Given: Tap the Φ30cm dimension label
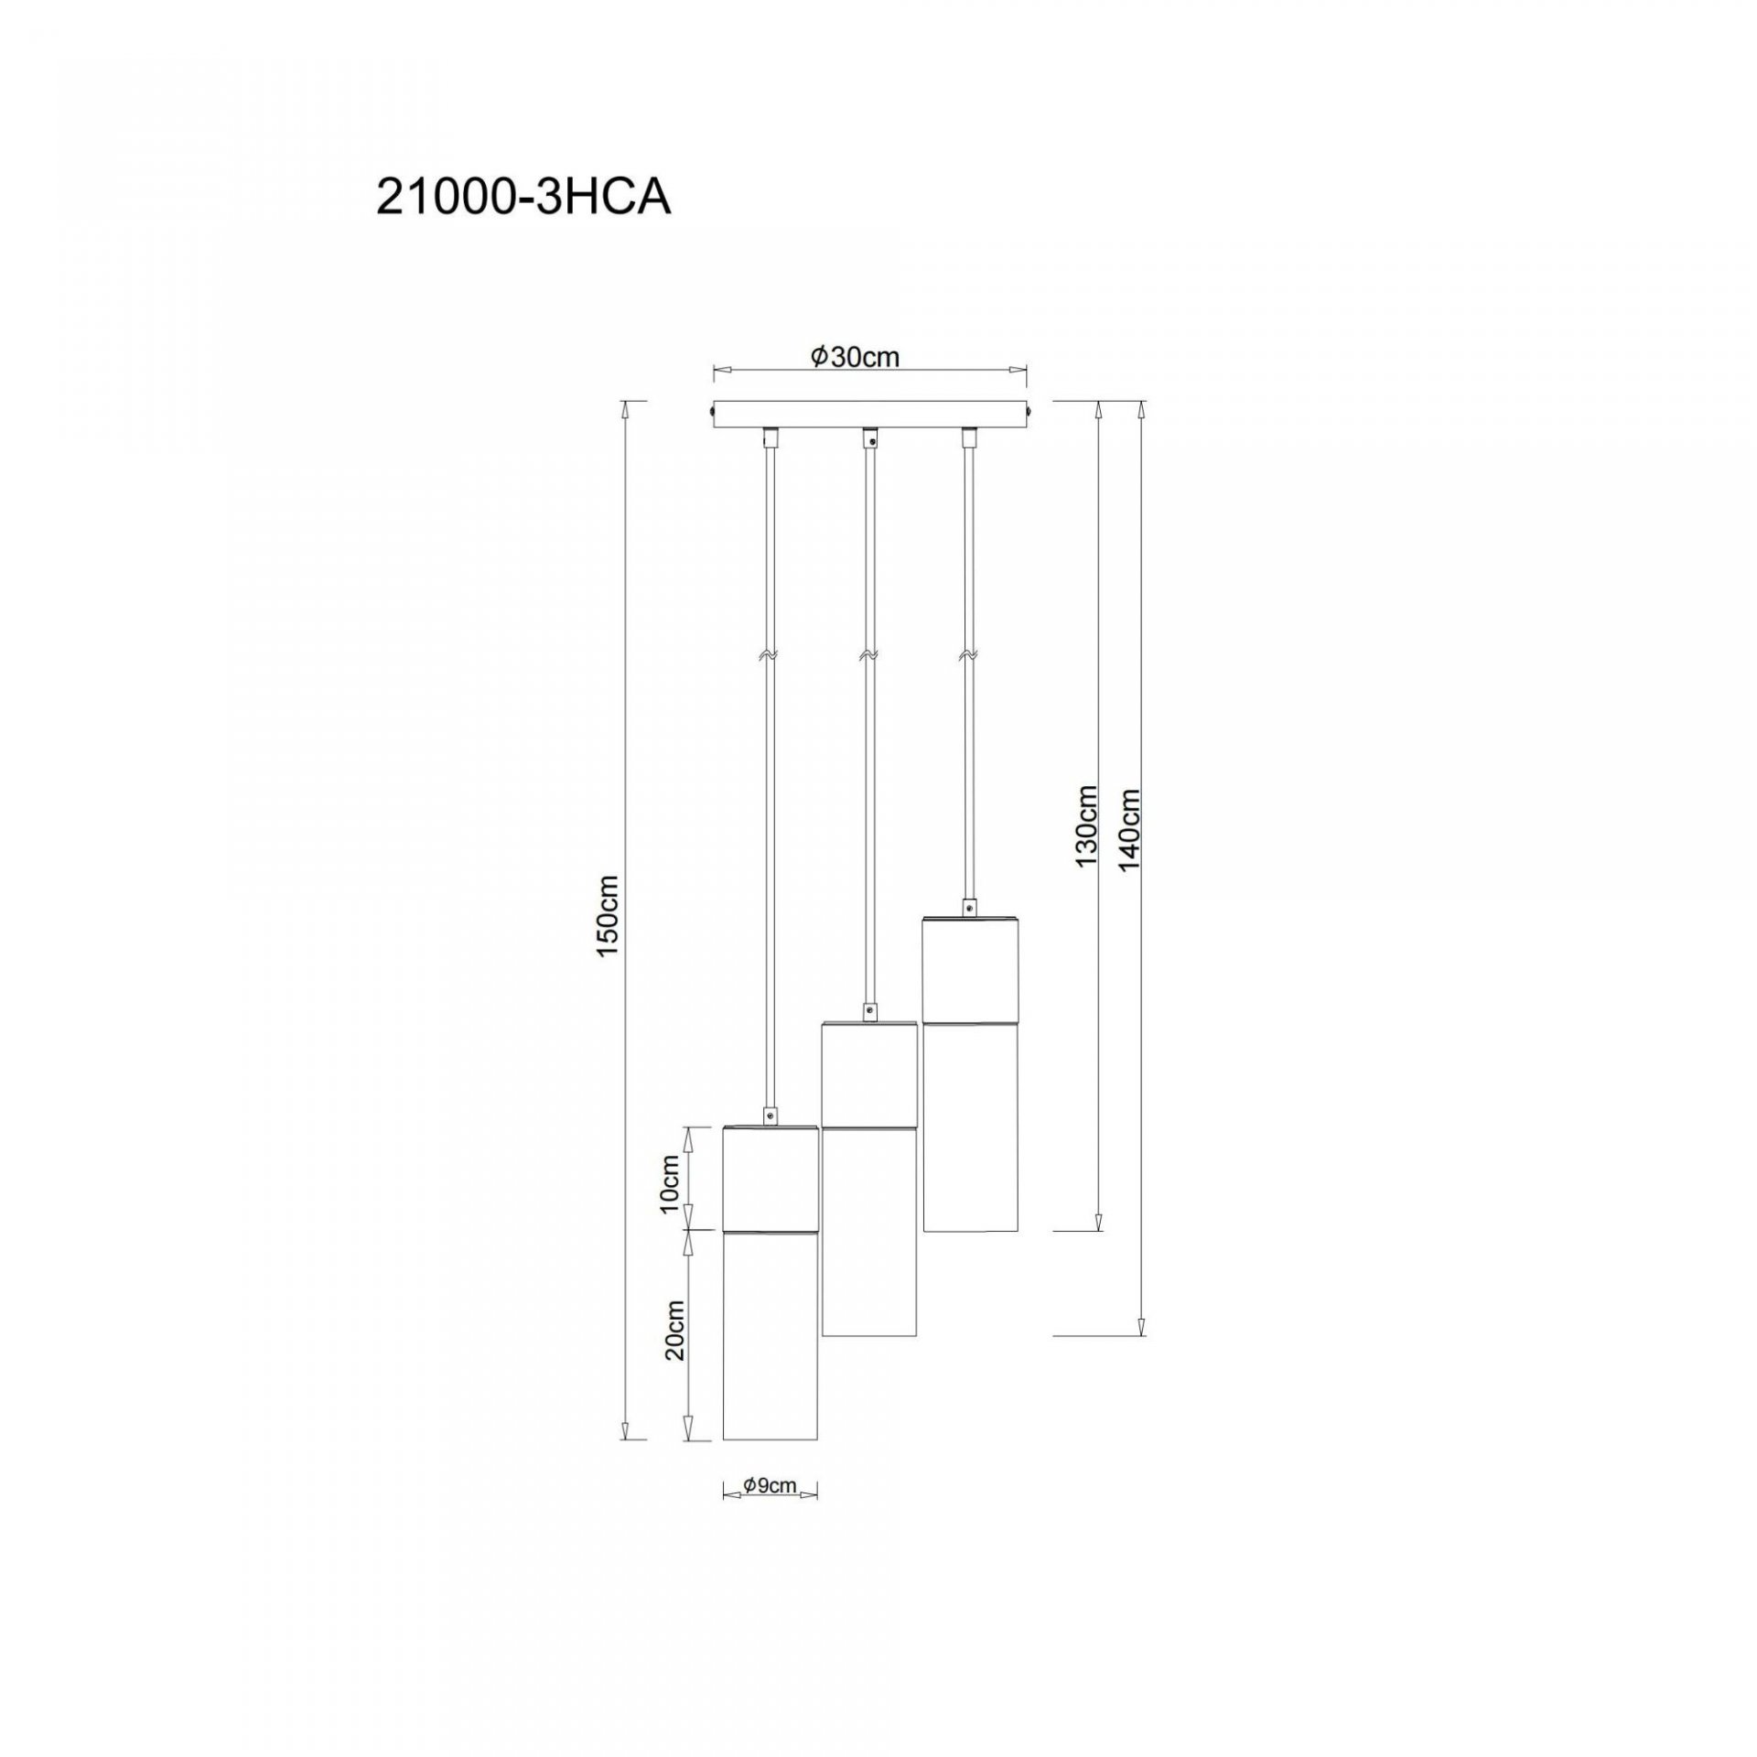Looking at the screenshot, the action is point(855,357).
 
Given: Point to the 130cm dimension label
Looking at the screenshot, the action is point(1087,825).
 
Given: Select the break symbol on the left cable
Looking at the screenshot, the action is point(768,656).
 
